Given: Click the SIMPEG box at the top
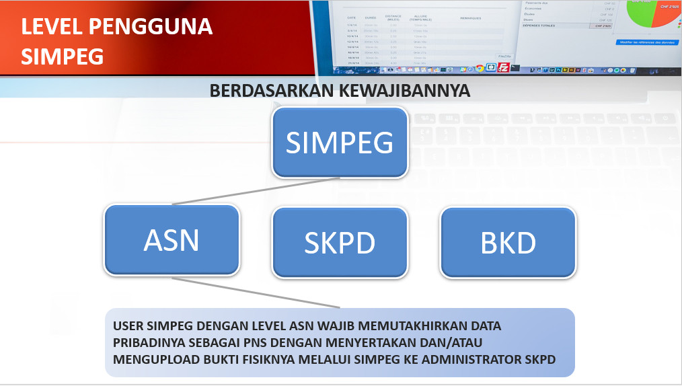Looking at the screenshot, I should coord(340,143).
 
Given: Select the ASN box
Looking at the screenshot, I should coord(172,240).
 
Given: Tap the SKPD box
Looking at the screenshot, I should coord(340,243).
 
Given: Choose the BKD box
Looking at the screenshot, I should coord(508,243).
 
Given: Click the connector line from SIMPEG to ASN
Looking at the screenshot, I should coord(256,192).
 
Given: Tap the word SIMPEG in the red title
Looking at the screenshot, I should coord(62,56).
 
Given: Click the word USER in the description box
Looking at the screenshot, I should coord(128,326).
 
